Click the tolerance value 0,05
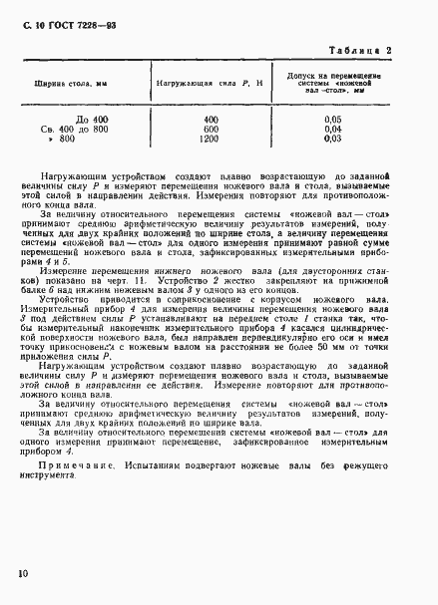tap(360, 119)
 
